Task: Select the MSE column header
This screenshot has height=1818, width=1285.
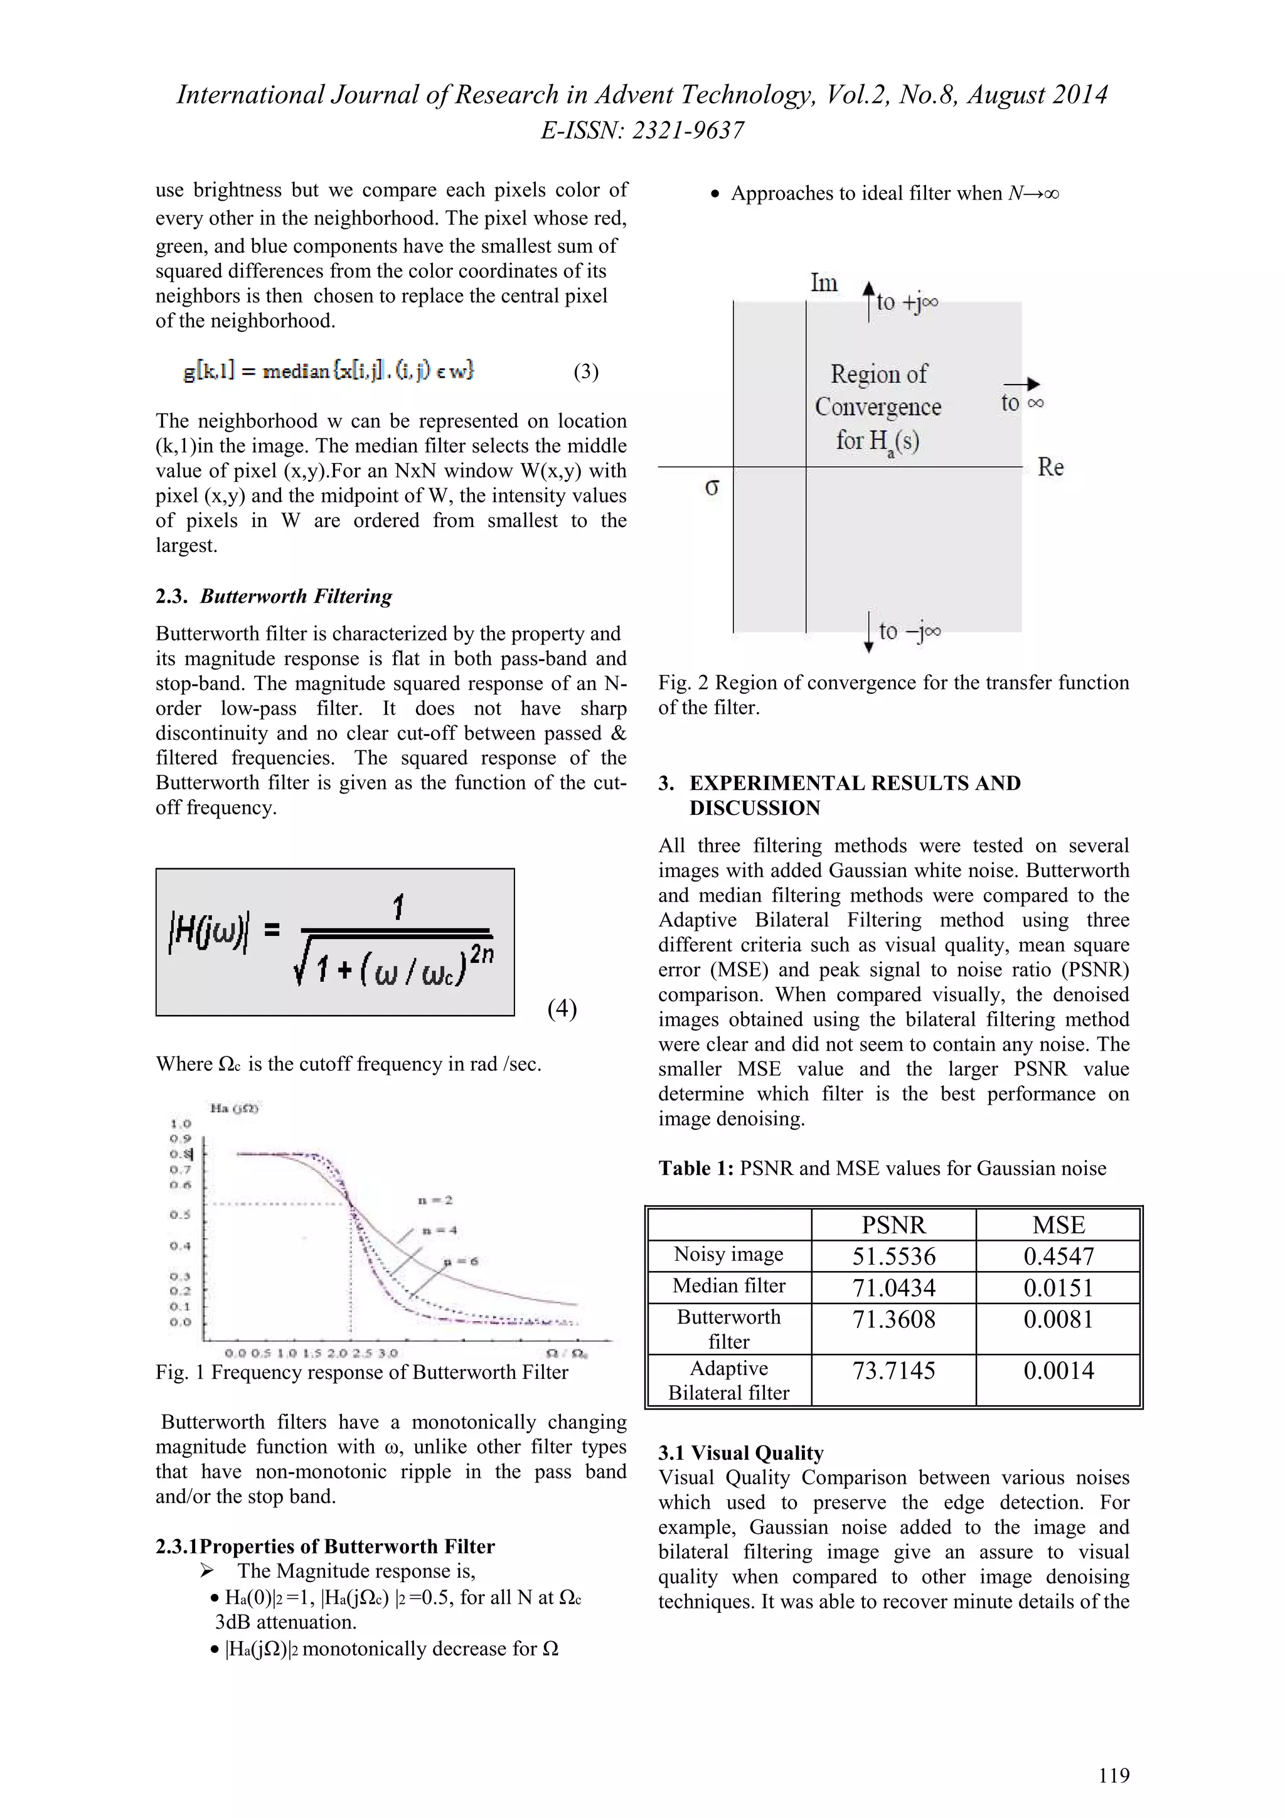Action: (x=1058, y=1225)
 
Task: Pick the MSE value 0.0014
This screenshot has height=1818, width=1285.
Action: (x=1058, y=1371)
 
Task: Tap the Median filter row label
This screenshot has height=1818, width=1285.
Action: (x=728, y=1286)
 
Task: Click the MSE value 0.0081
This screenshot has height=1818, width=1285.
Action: (x=1058, y=1320)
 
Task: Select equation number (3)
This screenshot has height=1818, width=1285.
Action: (x=586, y=372)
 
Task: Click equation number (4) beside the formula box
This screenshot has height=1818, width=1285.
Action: (x=562, y=1009)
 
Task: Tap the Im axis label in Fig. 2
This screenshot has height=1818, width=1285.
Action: (x=823, y=284)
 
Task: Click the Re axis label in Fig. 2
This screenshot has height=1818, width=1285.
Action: (x=1050, y=467)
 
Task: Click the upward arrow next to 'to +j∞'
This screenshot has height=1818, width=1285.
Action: (x=868, y=301)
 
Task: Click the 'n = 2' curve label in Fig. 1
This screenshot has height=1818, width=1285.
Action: (x=435, y=1200)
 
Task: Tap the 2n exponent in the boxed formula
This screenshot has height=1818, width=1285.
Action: (x=481, y=954)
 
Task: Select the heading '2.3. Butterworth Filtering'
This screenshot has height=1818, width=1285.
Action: (x=274, y=596)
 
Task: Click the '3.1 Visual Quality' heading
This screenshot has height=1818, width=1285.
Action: (x=741, y=1453)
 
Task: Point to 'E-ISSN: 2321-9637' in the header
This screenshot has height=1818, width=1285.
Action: (x=642, y=130)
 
